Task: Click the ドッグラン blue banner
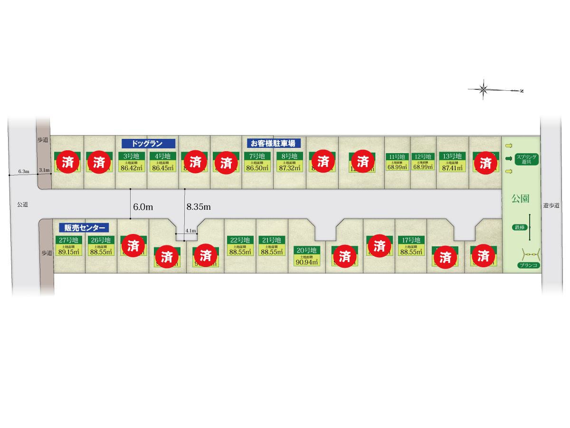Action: pos(149,143)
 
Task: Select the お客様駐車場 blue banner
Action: pos(274,143)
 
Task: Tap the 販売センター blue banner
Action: pos(84,227)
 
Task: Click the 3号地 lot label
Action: pos(131,156)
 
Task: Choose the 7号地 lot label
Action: pos(257,156)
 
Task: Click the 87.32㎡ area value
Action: pos(289,167)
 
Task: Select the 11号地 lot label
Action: pos(397,156)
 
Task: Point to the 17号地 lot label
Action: pos(411,240)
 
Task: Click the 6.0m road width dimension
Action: pos(143,207)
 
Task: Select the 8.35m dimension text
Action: pos(199,207)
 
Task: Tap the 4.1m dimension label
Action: pos(190,231)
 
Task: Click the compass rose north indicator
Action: pos(484,89)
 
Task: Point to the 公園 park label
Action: pos(521,198)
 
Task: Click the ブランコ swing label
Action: pos(529,265)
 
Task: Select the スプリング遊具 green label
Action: pos(526,159)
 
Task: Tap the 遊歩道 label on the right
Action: pos(551,205)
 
